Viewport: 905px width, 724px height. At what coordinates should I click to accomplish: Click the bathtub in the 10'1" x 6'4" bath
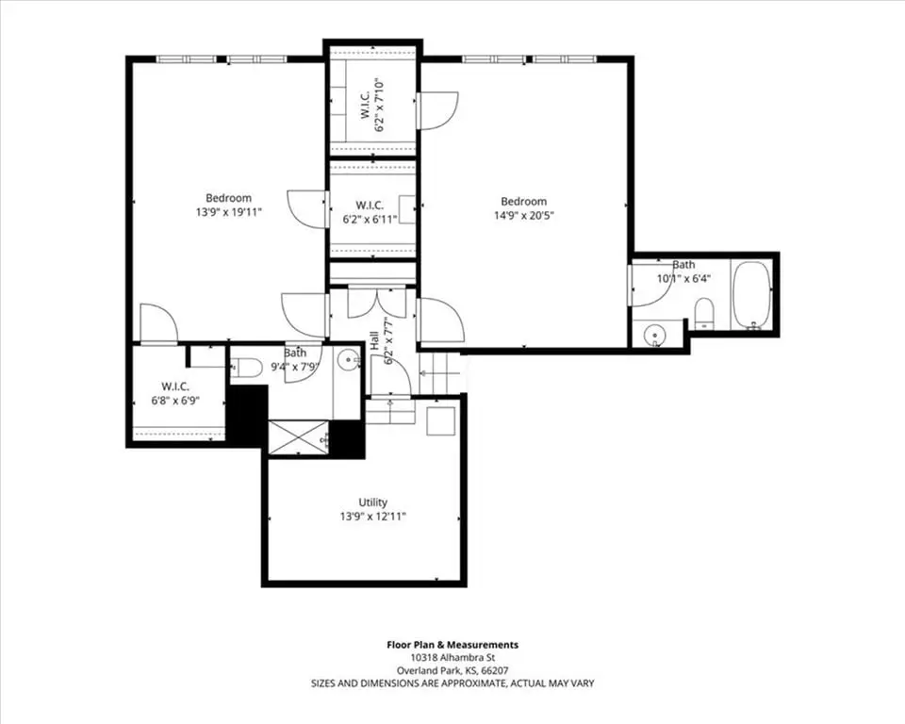pyautogui.click(x=751, y=295)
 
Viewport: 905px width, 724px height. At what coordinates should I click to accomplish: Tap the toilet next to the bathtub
pyautogui.click(x=703, y=314)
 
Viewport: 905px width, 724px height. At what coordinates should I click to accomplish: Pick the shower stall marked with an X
pyautogui.click(x=298, y=438)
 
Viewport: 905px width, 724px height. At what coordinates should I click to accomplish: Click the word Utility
pyautogui.click(x=373, y=502)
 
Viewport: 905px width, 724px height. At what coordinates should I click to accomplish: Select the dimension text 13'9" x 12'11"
pyautogui.click(x=373, y=517)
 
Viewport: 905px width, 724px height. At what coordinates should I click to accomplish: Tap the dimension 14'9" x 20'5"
pyautogui.click(x=523, y=216)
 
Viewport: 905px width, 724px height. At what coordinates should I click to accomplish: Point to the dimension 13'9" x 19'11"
pyautogui.click(x=228, y=212)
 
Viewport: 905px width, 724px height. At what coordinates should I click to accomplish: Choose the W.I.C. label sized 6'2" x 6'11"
pyautogui.click(x=370, y=205)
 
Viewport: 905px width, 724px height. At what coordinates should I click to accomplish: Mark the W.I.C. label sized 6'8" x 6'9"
pyautogui.click(x=175, y=387)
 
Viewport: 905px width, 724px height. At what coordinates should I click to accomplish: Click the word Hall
pyautogui.click(x=374, y=341)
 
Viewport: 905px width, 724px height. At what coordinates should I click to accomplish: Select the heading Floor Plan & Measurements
pyautogui.click(x=452, y=645)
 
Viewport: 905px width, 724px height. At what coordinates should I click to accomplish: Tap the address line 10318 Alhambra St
pyautogui.click(x=452, y=658)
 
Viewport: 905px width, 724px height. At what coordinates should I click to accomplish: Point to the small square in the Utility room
pyautogui.click(x=441, y=420)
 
